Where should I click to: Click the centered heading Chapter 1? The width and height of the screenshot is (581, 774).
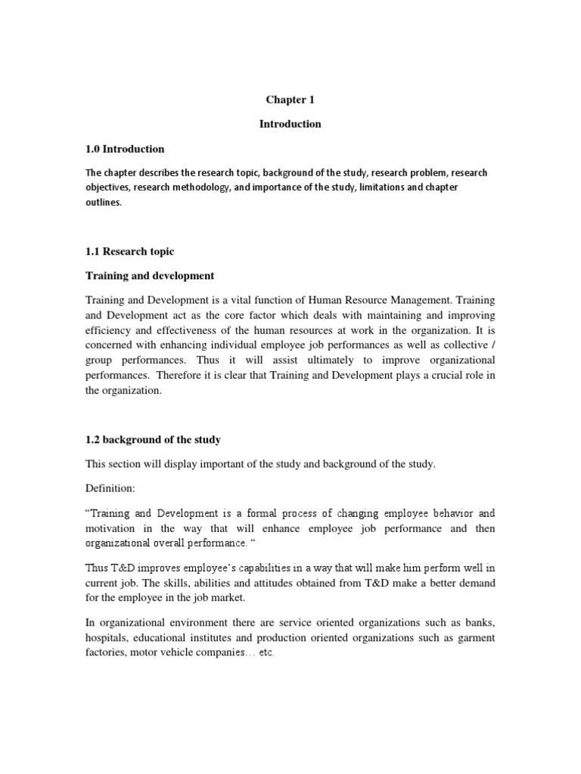click(x=290, y=99)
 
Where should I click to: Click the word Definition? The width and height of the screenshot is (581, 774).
click(x=110, y=489)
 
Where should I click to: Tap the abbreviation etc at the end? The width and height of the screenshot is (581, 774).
click(x=266, y=653)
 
